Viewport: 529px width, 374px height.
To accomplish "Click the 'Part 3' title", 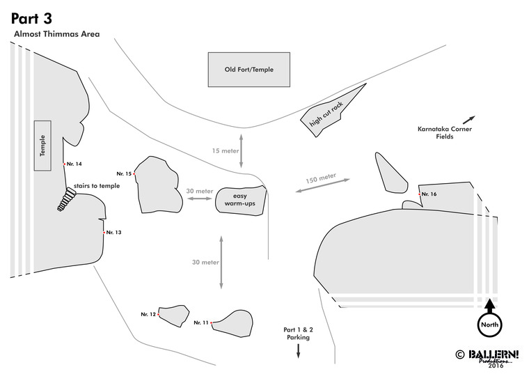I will [x=31, y=17].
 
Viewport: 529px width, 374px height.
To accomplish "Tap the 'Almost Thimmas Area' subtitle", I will [x=56, y=33].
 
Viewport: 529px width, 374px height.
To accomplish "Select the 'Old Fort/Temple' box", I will [x=248, y=70].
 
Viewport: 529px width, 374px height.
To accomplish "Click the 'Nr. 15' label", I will [x=124, y=173].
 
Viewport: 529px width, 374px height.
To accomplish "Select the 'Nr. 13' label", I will [x=113, y=232].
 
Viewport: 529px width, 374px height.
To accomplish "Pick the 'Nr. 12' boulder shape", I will [x=174, y=315].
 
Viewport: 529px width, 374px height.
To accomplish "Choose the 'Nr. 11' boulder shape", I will [x=233, y=322].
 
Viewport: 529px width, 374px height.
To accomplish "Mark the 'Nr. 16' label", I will [x=429, y=194].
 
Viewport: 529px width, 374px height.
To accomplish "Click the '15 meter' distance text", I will [x=224, y=150].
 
